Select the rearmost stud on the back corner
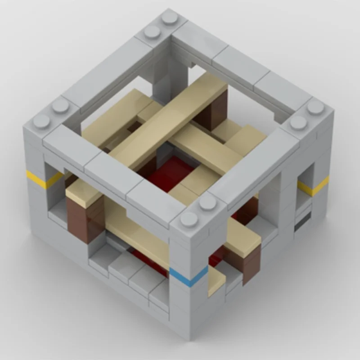(170, 18)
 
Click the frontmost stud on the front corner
(189, 219)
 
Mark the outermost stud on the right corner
(315, 107)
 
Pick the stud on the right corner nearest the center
(298, 122)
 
